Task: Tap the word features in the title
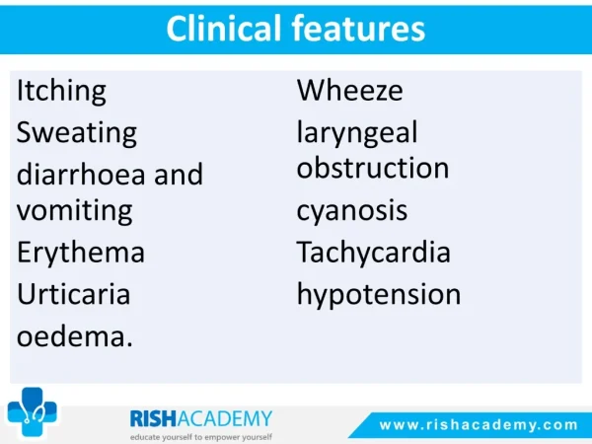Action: [x=358, y=29]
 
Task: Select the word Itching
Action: [x=61, y=92]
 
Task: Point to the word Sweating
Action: [x=77, y=133]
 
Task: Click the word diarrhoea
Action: [x=81, y=174]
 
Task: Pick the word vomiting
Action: [x=75, y=211]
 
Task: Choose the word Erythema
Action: [x=81, y=253]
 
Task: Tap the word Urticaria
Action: [x=74, y=294]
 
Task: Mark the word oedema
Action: [x=75, y=335]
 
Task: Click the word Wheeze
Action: [x=350, y=91]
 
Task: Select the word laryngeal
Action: [x=357, y=133]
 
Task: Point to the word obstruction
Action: [x=373, y=168]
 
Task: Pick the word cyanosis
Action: [x=352, y=211]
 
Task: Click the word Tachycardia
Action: [x=373, y=252]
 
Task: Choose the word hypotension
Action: [x=379, y=294]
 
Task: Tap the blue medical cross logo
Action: [x=33, y=411]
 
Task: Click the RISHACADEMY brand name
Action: [x=201, y=418]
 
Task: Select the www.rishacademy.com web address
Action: [x=479, y=425]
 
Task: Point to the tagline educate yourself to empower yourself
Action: [x=201, y=437]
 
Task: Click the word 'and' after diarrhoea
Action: [x=179, y=174]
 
